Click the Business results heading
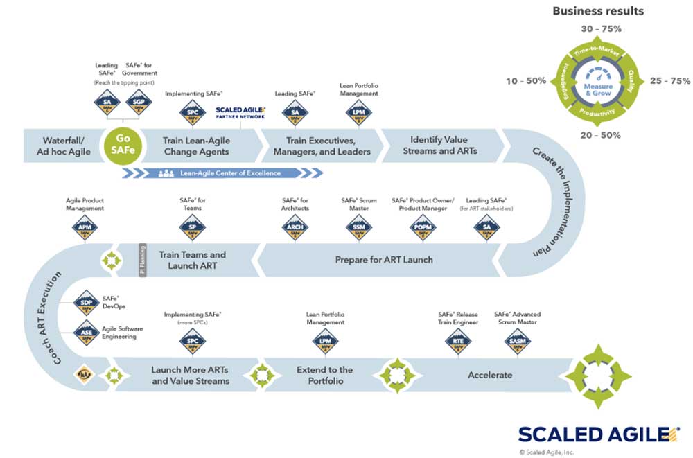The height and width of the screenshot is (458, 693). pyautogui.click(x=597, y=11)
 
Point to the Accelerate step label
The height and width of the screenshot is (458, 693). pyautogui.click(x=490, y=375)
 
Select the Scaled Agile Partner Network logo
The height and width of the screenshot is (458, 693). pyautogui.click(x=240, y=112)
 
